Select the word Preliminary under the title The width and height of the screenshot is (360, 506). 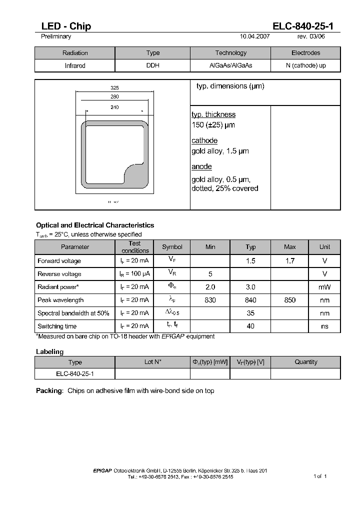pos(55,36)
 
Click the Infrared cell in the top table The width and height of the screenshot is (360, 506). pos(75,65)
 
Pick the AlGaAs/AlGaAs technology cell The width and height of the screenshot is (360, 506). pos(230,65)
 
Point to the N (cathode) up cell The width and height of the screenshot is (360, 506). pos(305,65)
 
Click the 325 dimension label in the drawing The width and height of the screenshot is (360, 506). pos(114,87)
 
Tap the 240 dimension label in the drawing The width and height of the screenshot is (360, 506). pos(114,107)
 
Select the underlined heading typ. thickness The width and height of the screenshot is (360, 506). pos(213,114)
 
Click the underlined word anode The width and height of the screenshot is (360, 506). pos(201,166)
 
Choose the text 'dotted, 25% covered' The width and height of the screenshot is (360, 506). pos(225,188)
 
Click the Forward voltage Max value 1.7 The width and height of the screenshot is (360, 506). pos(290,261)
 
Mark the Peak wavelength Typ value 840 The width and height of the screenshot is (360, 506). pos(250,300)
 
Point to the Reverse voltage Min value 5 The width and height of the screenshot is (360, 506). pos(210,274)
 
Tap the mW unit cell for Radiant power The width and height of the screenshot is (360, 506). pos(325,287)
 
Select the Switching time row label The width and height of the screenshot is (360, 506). pos(57,326)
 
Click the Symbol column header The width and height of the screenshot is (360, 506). pos(172,247)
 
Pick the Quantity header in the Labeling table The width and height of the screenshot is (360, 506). pos(305,362)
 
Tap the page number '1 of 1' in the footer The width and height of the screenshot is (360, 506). pos(320,476)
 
